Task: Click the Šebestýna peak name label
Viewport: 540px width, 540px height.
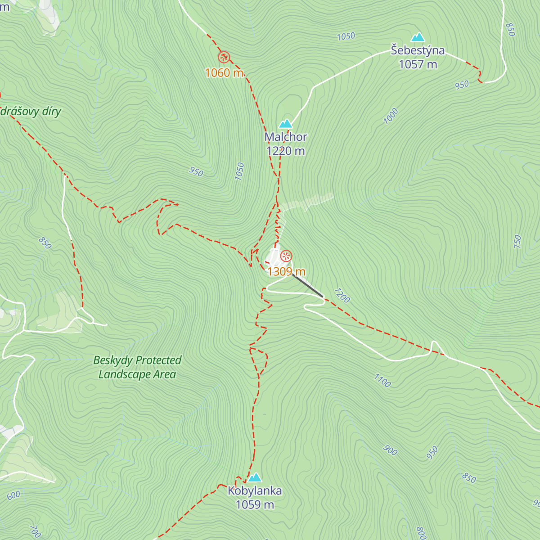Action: [418, 50]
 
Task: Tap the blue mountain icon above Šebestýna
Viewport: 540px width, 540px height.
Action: [418, 37]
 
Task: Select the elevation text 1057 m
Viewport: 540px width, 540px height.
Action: [418, 64]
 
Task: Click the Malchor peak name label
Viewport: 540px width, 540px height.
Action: [286, 137]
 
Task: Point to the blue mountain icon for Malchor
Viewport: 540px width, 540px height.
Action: [286, 124]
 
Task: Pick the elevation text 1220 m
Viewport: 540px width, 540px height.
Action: [286, 151]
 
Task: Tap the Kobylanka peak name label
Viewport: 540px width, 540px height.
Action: [255, 490]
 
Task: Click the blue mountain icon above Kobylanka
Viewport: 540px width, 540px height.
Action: [255, 477]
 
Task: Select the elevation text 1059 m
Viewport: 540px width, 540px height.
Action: [255, 504]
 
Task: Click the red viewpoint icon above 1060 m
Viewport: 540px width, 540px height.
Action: [224, 57]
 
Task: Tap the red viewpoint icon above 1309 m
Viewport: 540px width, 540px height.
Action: [286, 256]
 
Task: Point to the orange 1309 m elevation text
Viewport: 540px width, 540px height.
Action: [286, 271]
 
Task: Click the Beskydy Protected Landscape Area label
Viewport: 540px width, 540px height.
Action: [137, 367]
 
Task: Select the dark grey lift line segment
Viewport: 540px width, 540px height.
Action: [307, 285]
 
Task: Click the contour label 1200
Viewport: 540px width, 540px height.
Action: [342, 296]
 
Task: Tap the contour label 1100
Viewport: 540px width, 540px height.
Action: [382, 381]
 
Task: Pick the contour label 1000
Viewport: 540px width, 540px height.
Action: [391, 116]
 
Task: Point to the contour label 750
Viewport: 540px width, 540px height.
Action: [517, 242]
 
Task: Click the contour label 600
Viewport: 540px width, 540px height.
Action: [13, 495]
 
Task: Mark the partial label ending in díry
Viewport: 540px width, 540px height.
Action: [31, 112]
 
